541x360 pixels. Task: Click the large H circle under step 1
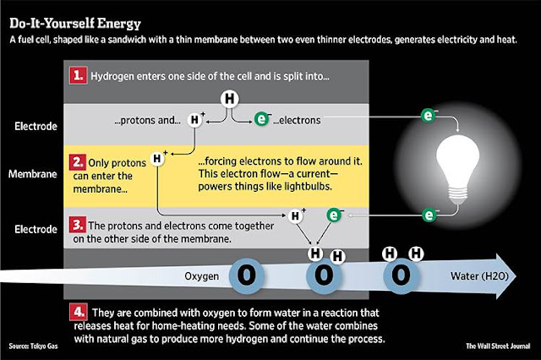[x=229, y=100]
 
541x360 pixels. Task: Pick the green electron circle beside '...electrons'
[x=264, y=121]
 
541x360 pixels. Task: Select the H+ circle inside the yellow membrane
[x=157, y=156]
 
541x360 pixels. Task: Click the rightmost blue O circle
[x=401, y=276]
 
